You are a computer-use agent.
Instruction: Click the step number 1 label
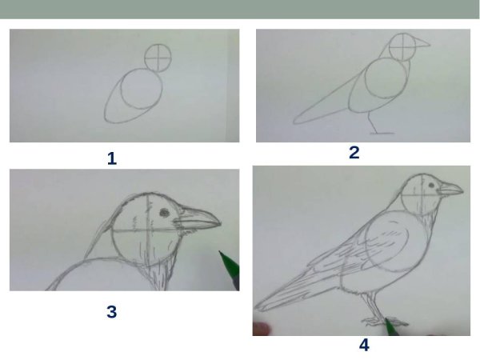(112, 159)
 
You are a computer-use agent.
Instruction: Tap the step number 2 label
(354, 153)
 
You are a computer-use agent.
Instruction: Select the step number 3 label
(112, 312)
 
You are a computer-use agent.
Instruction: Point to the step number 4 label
(364, 345)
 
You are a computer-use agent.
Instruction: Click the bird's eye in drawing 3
(164, 212)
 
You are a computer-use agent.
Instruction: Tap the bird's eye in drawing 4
(431, 186)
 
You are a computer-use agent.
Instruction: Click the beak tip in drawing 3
(220, 224)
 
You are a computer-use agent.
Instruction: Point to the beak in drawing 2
(422, 42)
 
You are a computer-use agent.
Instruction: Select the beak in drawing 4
(450, 188)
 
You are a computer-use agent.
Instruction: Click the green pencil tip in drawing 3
(219, 252)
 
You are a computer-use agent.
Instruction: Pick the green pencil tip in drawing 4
(386, 319)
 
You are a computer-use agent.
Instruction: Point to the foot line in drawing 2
(382, 133)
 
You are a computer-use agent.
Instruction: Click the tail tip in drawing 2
(294, 122)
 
